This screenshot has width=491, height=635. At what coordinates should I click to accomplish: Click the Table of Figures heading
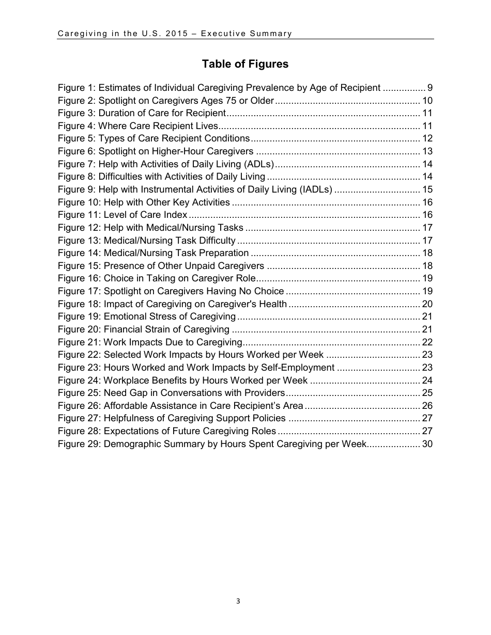tap(245, 64)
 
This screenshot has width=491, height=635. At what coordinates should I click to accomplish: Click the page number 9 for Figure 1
tap(429, 88)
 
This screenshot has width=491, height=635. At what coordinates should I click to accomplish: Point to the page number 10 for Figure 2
tap(427, 101)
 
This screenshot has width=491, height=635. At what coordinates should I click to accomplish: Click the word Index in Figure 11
tap(175, 215)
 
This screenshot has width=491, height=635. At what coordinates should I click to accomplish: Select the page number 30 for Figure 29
tap(427, 444)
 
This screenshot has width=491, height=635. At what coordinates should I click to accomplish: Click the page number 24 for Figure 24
tap(427, 380)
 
